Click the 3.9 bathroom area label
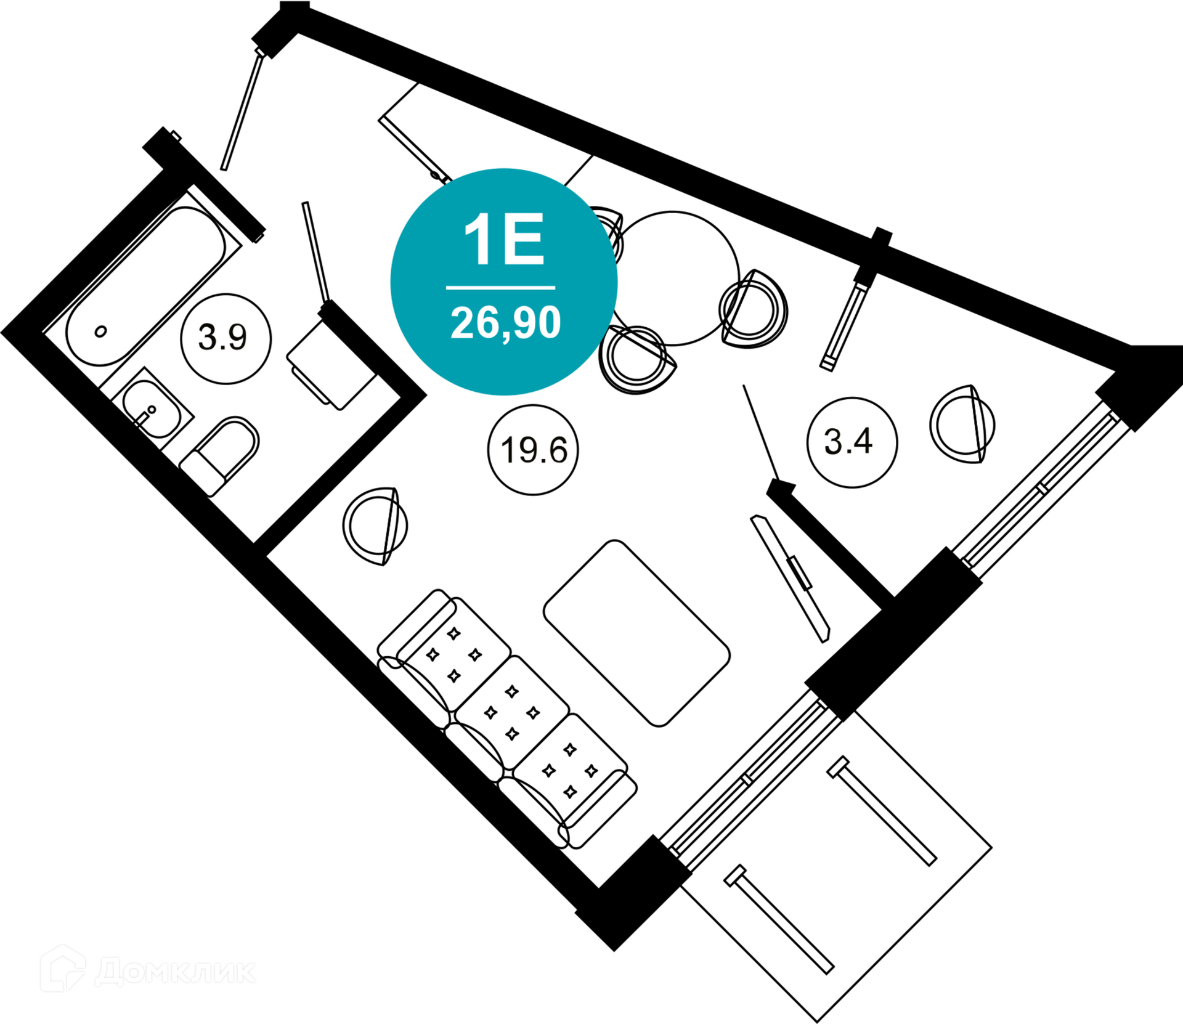[x=226, y=338]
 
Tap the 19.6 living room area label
[x=533, y=450]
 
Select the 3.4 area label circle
[x=852, y=442]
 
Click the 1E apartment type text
[x=504, y=240]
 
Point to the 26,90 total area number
[x=505, y=322]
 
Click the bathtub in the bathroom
[x=145, y=285]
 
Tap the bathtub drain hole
[x=100, y=332]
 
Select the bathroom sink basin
[x=151, y=408]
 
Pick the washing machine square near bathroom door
[x=331, y=368]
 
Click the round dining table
[x=675, y=278]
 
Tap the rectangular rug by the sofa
[x=636, y=633]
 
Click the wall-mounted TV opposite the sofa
[x=791, y=579]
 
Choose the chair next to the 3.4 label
[x=962, y=425]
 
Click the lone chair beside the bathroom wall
[x=375, y=526]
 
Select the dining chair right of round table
[x=754, y=309]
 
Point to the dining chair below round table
[x=637, y=360]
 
